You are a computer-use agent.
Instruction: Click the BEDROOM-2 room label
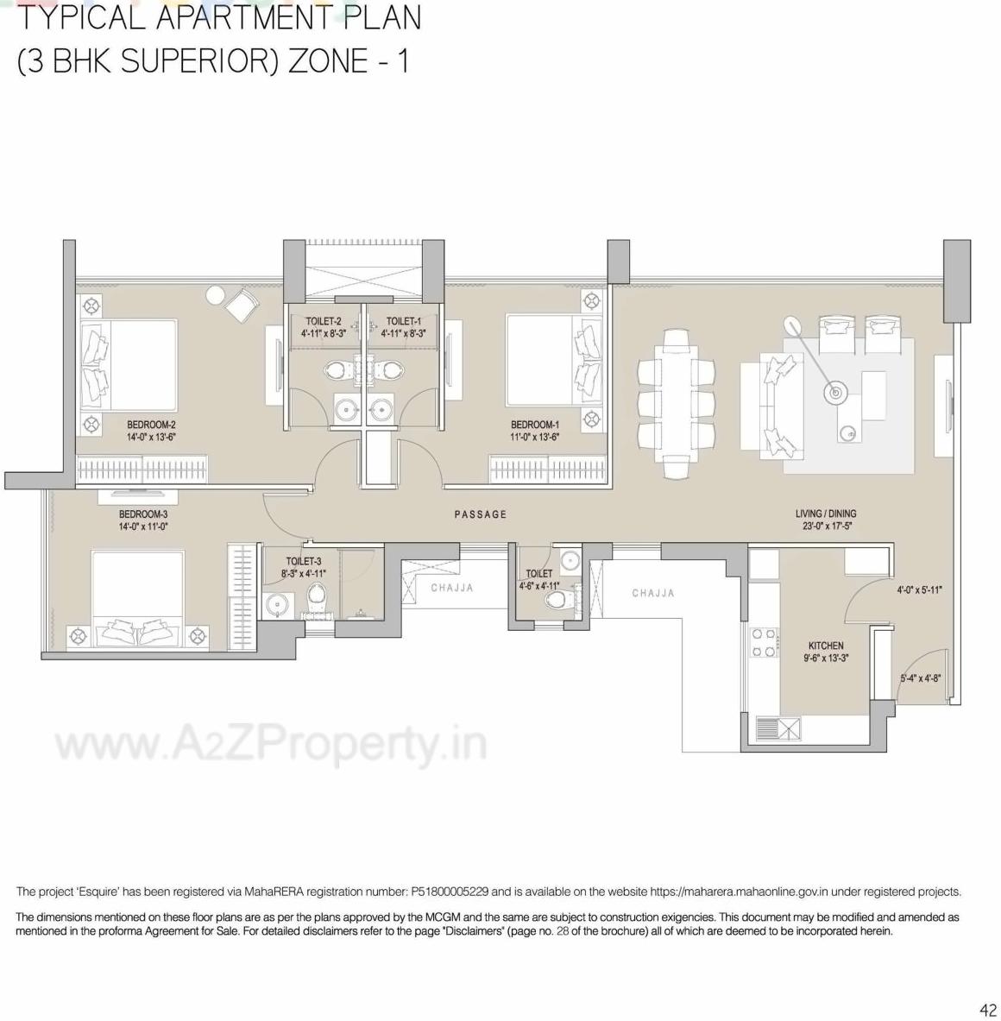click(x=151, y=425)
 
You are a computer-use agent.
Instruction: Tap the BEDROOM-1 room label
click(x=535, y=425)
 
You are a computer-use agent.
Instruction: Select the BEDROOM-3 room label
click(x=143, y=514)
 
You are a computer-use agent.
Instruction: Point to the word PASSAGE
click(x=481, y=514)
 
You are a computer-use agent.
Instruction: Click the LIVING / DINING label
click(x=826, y=514)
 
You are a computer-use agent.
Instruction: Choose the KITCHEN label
click(x=826, y=646)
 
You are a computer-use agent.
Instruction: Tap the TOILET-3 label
click(x=304, y=561)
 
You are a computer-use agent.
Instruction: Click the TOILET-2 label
click(x=324, y=321)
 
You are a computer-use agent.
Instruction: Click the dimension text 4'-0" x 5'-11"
click(x=919, y=590)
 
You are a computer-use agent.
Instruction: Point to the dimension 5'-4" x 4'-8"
click(x=922, y=678)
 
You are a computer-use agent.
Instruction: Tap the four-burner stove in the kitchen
click(x=763, y=643)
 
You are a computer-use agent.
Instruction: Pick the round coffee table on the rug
click(x=834, y=394)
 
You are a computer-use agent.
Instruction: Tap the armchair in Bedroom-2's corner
click(x=240, y=305)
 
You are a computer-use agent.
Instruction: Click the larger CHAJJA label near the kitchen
click(x=652, y=593)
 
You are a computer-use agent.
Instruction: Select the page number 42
click(x=988, y=1010)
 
